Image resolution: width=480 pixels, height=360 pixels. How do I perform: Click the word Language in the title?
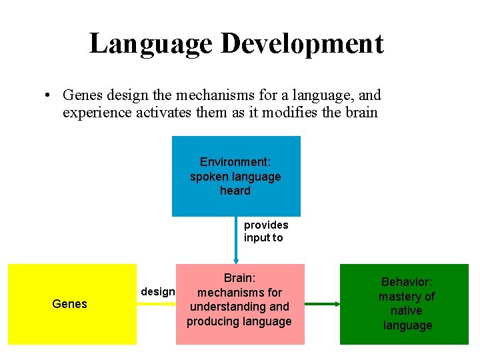(x=151, y=43)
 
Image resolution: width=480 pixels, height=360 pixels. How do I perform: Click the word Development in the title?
(x=302, y=43)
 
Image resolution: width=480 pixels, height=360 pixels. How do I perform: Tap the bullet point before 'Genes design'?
(x=49, y=96)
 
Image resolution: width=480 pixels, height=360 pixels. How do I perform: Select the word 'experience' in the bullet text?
(x=95, y=113)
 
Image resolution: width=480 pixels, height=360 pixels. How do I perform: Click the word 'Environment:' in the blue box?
(x=235, y=162)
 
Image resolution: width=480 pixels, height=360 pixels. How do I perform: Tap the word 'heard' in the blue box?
(x=235, y=191)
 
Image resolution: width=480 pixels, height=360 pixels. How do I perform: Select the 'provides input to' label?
(x=265, y=231)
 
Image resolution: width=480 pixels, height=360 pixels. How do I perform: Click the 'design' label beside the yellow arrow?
(x=157, y=292)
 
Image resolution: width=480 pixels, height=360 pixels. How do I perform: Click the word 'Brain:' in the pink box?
(x=239, y=278)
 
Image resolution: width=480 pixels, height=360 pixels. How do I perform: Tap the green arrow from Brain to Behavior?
(x=322, y=304)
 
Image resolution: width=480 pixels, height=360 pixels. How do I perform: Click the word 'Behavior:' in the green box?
(x=406, y=283)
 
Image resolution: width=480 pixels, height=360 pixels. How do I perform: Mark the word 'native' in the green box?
(x=406, y=311)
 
